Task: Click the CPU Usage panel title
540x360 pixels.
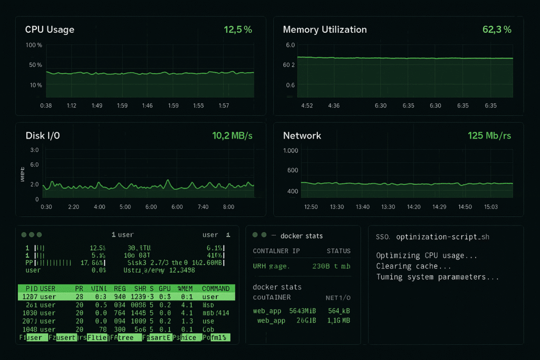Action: click(50, 30)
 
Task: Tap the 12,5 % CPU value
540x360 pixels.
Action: click(238, 30)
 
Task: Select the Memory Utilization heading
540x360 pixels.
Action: click(325, 30)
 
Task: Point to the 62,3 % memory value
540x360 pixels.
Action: click(497, 30)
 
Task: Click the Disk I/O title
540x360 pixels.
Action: click(43, 135)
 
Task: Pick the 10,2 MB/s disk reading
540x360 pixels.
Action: click(232, 135)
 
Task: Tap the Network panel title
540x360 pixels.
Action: click(302, 135)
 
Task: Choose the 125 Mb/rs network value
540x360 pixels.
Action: click(489, 135)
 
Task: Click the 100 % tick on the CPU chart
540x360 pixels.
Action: click(34, 45)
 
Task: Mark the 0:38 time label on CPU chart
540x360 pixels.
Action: click(46, 105)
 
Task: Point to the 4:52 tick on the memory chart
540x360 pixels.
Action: click(307, 105)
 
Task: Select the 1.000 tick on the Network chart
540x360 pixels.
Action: click(291, 151)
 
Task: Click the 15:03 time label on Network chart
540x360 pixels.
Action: click(490, 207)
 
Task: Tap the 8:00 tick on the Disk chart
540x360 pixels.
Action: click(229, 207)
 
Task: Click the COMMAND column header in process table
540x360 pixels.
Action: click(216, 288)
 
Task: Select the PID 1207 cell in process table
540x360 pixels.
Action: click(30, 297)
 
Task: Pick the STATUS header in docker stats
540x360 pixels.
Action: click(339, 251)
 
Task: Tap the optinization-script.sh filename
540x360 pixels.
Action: click(442, 237)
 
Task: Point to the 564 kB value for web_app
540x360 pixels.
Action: click(339, 311)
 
